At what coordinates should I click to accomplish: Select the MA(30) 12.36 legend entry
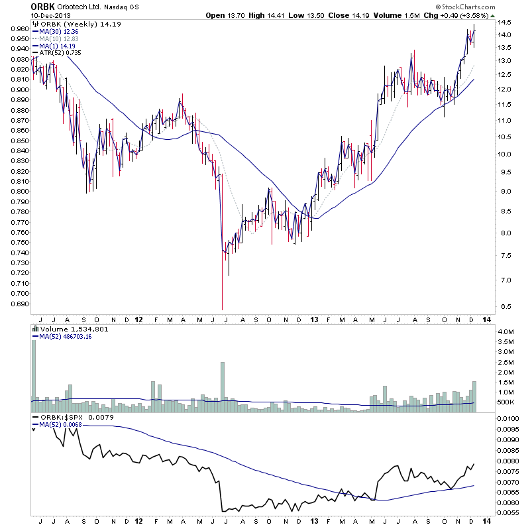click(x=58, y=31)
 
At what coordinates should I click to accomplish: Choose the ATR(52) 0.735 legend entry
click(x=59, y=52)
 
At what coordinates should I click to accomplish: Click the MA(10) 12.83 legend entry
click(x=58, y=38)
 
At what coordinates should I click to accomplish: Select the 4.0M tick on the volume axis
click(x=506, y=331)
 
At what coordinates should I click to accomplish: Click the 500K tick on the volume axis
click(x=506, y=402)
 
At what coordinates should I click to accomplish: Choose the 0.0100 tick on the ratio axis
click(x=511, y=420)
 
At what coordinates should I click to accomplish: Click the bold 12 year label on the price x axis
click(x=138, y=318)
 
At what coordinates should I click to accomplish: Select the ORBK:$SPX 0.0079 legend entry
click(x=73, y=417)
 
